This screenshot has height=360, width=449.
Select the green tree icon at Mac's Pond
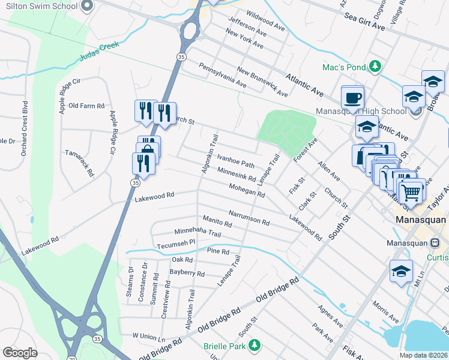click(x=376, y=65)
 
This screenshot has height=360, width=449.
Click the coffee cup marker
click(x=352, y=97)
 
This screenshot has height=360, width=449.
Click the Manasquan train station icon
click(x=435, y=243)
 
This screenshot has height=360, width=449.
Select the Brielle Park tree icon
click(x=255, y=345)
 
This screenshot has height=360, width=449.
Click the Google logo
click(x=20, y=352)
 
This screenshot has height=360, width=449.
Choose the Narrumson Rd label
click(x=249, y=217)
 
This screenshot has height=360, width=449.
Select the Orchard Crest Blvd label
click(x=25, y=132)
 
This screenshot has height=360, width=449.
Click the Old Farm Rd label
click(x=86, y=106)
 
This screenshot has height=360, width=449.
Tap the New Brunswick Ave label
click(x=262, y=82)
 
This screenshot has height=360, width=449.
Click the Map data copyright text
click(x=423, y=355)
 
